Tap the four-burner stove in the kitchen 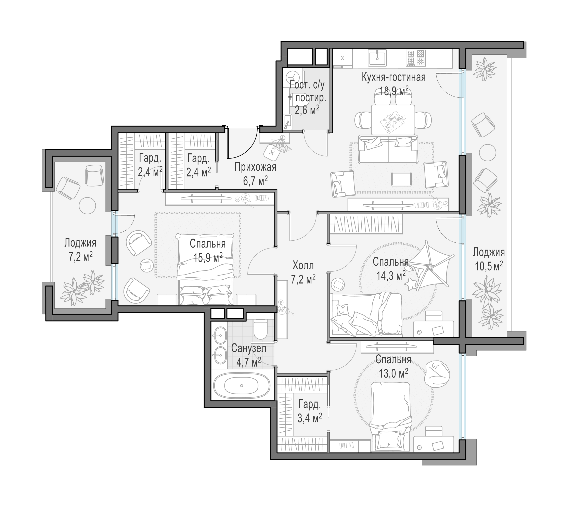pyautogui.click(x=415, y=58)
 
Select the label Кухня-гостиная pyautogui.click(x=394, y=77)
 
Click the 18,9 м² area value pyautogui.click(x=394, y=91)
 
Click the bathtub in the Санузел pyautogui.click(x=241, y=385)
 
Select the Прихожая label pyautogui.click(x=255, y=167)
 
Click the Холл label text pyautogui.click(x=303, y=265)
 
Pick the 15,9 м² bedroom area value pyautogui.click(x=208, y=258)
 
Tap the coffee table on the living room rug pyautogui.click(x=401, y=179)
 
